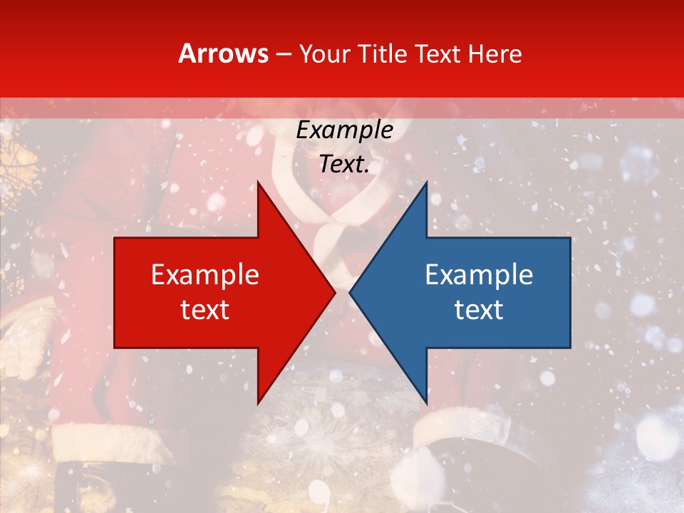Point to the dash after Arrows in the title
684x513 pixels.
(283, 54)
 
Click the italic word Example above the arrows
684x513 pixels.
(345, 130)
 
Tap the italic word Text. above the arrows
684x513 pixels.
(345, 165)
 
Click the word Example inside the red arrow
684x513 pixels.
(205, 275)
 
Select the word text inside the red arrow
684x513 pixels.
(205, 310)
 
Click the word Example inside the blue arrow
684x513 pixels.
(479, 275)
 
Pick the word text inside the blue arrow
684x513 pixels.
(479, 310)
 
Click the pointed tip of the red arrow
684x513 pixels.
(335, 292)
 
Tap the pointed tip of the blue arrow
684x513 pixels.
(349, 292)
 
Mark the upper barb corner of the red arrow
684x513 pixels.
(258, 181)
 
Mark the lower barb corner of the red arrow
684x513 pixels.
(258, 403)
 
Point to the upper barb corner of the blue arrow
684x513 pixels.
(426, 181)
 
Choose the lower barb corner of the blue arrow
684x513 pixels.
(426, 403)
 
